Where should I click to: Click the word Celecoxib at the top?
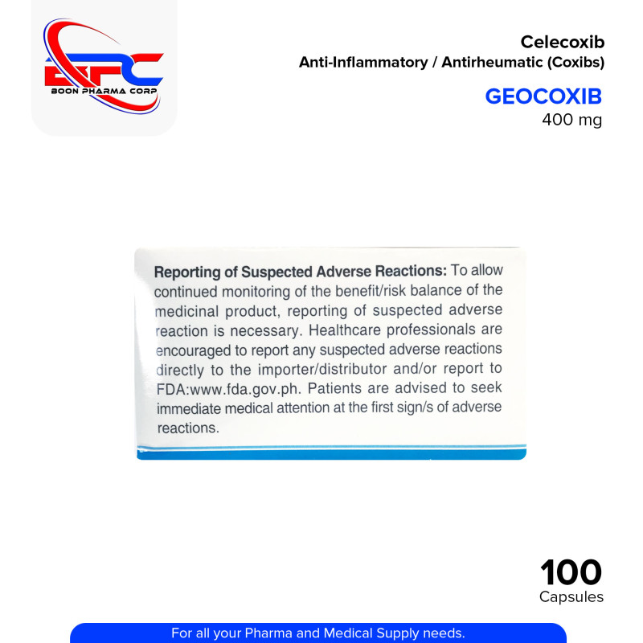pos(562,42)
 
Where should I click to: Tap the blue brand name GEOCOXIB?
pos(543,96)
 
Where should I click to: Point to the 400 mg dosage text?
pos(573,121)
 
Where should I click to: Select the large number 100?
pos(571,573)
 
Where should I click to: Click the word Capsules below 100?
pos(571,597)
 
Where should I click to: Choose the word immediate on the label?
pos(190,409)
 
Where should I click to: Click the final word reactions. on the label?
pos(187,428)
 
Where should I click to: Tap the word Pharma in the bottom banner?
pos(288,633)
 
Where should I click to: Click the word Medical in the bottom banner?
pos(355,633)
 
